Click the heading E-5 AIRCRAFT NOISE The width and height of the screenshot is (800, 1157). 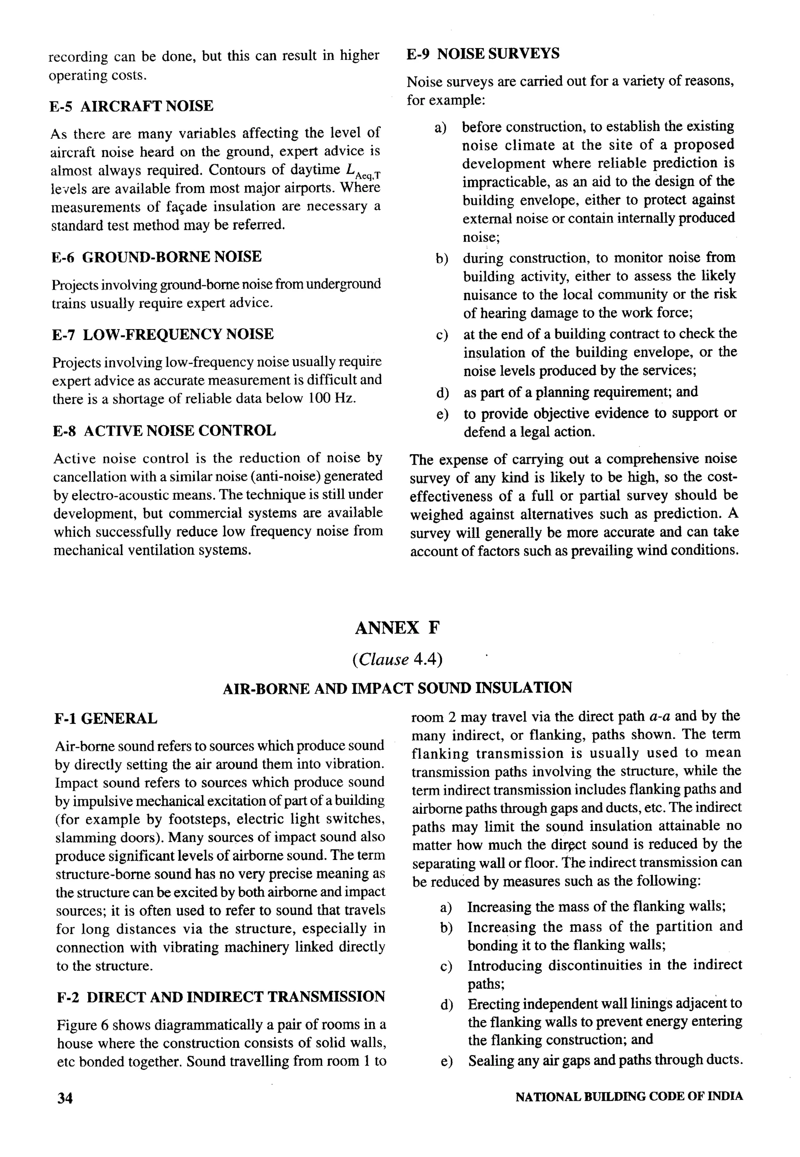point(131,106)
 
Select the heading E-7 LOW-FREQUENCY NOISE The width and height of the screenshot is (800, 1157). point(163,334)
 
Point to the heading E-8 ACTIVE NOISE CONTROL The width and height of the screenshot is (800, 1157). point(164,431)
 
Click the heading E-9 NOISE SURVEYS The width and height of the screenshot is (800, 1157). point(483,54)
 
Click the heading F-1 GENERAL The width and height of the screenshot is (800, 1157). point(106,719)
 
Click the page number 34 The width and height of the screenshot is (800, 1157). point(65,1098)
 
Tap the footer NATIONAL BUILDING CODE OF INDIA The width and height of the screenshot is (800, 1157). point(629,1097)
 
